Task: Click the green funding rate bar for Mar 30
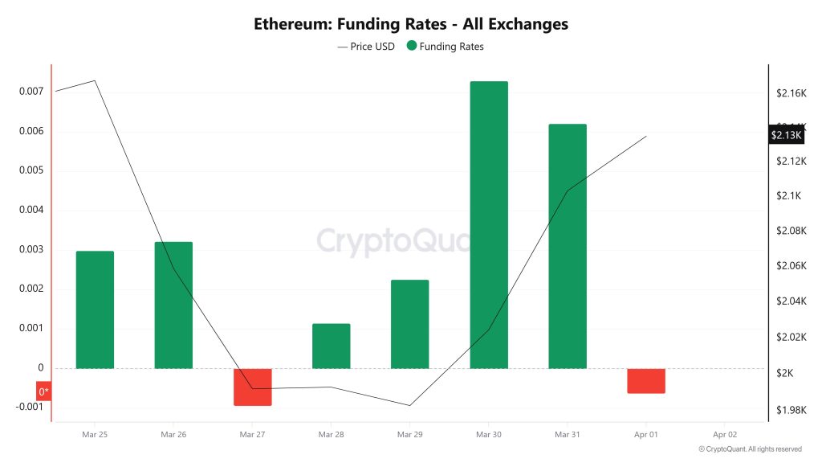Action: [489, 225]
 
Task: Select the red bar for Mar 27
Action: [253, 387]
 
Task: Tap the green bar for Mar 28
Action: [331, 346]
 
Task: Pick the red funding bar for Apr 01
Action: [646, 381]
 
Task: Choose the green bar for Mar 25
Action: [95, 309]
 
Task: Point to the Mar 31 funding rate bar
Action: [568, 246]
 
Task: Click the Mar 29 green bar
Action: [409, 324]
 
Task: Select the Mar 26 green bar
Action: [173, 305]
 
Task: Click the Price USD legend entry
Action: [366, 47]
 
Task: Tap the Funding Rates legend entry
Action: [446, 47]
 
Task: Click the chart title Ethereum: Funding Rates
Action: [411, 24]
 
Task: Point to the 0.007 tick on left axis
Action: [31, 92]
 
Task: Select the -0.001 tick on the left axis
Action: [30, 407]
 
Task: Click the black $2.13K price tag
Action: [786, 135]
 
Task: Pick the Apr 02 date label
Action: [725, 434]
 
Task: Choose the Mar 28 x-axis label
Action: [331, 434]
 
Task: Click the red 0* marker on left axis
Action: [43, 392]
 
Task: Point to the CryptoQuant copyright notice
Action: [750, 449]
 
